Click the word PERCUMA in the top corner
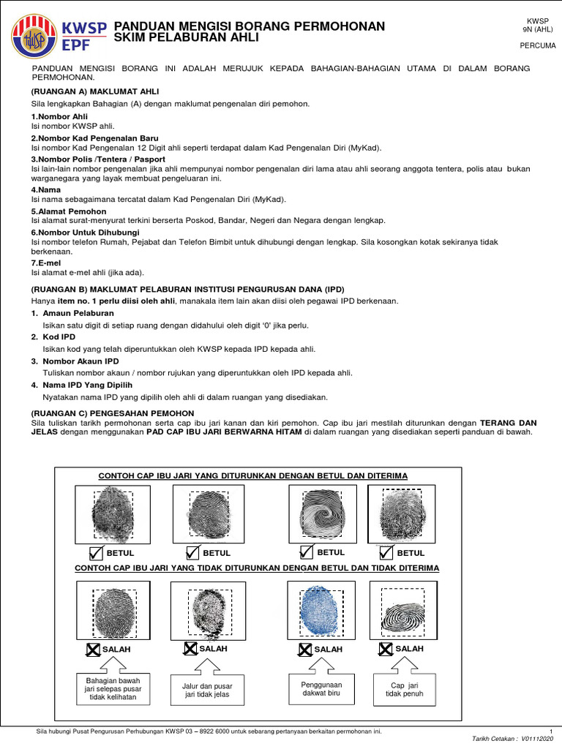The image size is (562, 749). point(537,45)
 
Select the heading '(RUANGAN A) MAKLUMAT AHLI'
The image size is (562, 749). point(94,91)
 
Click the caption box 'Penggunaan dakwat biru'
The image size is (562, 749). point(321,689)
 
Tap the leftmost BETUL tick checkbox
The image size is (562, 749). point(96,552)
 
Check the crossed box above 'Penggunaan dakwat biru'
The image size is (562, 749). point(304,649)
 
